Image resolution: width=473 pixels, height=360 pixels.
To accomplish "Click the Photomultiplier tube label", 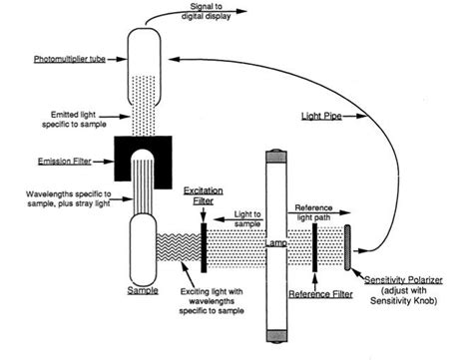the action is [70, 59].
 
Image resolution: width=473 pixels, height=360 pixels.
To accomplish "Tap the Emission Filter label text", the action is [65, 162].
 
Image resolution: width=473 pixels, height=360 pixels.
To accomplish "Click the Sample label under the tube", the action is [143, 290].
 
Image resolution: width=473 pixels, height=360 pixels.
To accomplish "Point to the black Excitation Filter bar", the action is [204, 248].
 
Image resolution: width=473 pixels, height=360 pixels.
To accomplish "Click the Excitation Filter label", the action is [204, 196].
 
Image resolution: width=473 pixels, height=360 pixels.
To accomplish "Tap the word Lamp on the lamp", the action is [276, 243].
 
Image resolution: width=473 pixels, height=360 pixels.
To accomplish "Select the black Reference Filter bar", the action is [314, 248].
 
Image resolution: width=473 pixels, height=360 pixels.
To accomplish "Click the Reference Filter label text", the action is [320, 294].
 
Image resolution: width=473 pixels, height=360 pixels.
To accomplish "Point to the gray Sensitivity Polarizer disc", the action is [347, 247].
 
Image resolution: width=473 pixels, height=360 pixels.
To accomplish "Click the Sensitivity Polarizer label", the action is [403, 280].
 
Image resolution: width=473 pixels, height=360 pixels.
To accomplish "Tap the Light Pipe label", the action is [321, 116].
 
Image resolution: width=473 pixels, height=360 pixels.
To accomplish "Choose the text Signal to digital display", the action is [207, 11].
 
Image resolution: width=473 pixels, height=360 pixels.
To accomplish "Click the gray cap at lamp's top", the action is [276, 157].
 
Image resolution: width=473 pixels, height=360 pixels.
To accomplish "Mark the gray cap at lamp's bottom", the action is [276, 336].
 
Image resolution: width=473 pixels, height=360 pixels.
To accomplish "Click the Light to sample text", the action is [247, 219].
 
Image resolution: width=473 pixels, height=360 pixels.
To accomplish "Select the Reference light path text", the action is [313, 212].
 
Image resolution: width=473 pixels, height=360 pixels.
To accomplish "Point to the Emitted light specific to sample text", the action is [74, 120].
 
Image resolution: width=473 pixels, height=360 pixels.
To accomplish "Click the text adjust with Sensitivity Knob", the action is [403, 296].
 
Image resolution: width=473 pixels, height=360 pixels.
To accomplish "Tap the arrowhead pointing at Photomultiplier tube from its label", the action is [123, 59].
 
